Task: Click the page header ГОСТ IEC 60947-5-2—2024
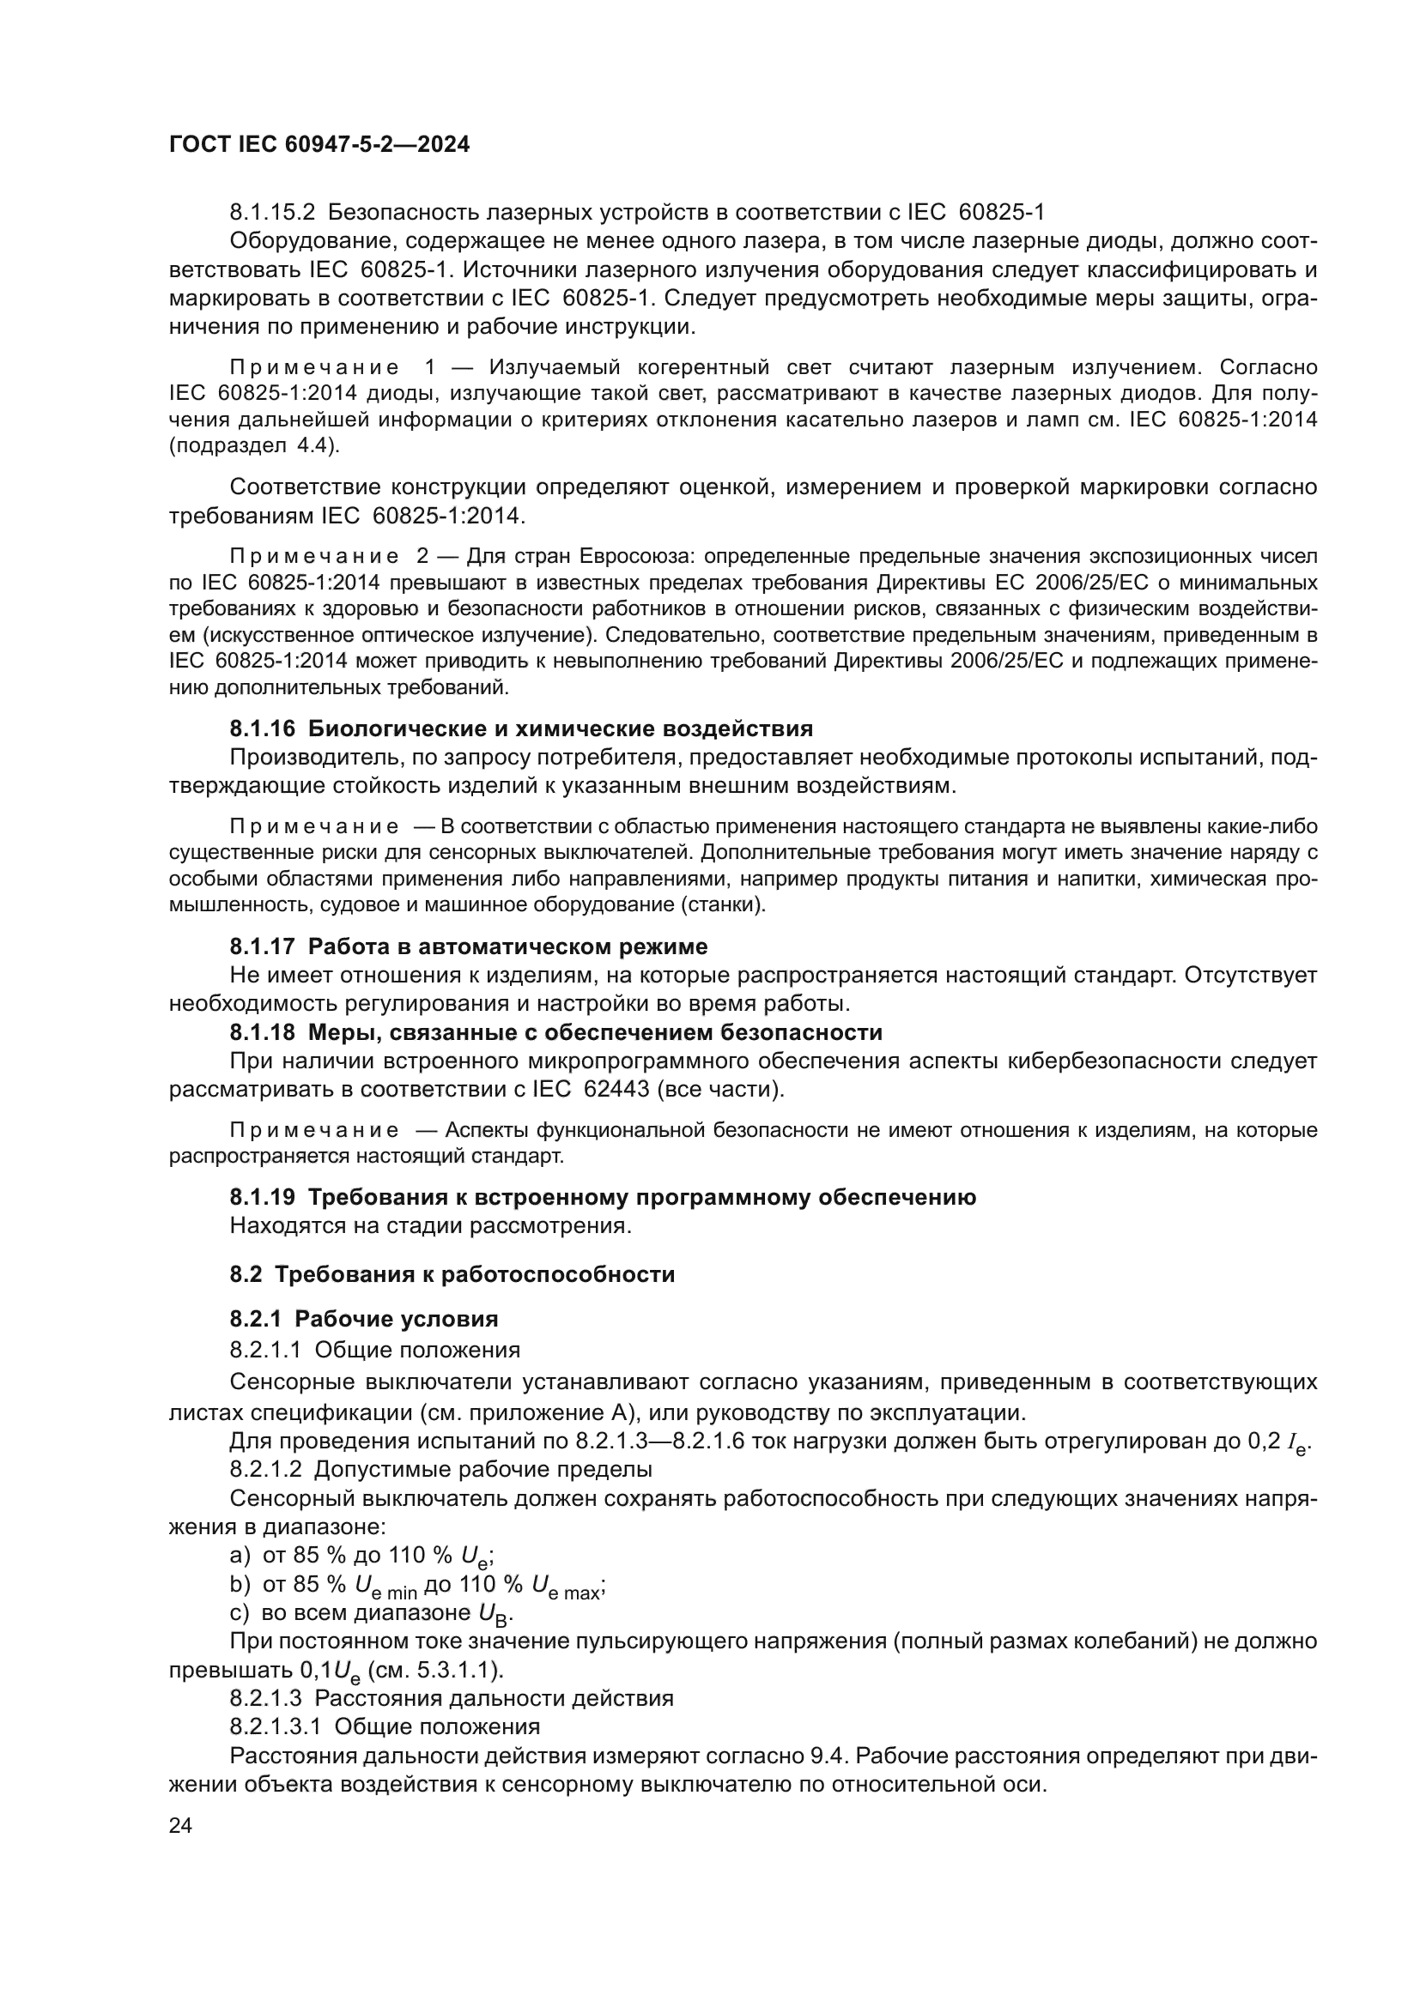pos(319,144)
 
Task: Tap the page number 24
pos(180,1826)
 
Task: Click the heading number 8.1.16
pos(264,728)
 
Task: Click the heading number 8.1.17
pos(264,946)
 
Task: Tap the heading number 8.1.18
pos(264,1032)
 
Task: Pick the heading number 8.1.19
pos(264,1197)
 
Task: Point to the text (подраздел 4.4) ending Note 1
pos(253,446)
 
